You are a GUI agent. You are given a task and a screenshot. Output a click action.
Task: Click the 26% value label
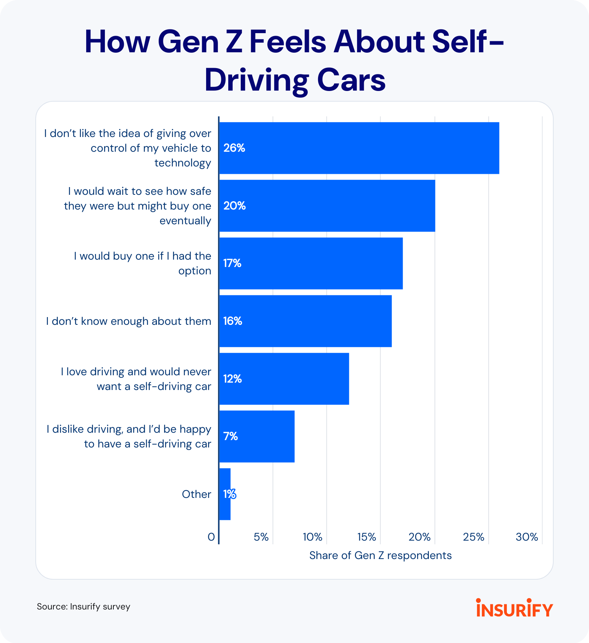click(234, 148)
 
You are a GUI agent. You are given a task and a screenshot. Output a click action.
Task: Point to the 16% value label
click(233, 321)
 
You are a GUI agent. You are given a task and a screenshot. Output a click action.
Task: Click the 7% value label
click(231, 436)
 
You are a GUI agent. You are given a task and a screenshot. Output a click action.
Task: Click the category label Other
click(196, 494)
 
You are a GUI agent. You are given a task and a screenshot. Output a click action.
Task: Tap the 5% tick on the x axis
click(261, 537)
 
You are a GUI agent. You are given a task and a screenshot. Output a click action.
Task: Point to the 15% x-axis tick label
click(367, 537)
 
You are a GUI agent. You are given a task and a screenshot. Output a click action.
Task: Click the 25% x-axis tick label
click(473, 537)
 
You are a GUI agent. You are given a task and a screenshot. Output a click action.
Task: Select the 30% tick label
click(527, 537)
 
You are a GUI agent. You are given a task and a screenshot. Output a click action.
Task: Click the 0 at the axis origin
click(211, 537)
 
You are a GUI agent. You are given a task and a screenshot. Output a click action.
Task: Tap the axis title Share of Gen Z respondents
click(380, 555)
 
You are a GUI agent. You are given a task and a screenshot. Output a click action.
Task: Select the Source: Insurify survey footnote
click(84, 607)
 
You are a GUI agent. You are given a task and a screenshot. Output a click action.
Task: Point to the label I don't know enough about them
click(128, 321)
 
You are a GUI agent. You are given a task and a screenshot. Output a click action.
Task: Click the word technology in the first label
click(183, 163)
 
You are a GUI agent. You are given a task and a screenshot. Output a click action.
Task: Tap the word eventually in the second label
click(185, 221)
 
